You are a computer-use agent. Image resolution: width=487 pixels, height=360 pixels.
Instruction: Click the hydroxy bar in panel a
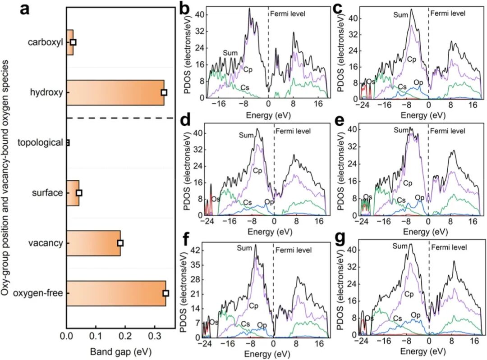[x=115, y=92]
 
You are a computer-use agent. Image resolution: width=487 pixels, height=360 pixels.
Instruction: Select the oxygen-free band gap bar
[x=116, y=293]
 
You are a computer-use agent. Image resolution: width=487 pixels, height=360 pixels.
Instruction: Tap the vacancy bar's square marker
[x=120, y=243]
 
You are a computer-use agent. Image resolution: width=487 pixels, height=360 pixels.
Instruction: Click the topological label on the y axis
[x=40, y=143]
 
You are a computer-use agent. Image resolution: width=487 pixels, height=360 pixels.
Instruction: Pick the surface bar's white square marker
[x=79, y=193]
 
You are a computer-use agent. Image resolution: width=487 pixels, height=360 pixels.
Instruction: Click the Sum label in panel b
[x=230, y=54]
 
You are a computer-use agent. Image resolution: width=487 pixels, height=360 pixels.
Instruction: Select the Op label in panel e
[x=420, y=197]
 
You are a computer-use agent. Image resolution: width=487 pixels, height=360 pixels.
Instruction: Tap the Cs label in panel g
[x=398, y=319]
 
